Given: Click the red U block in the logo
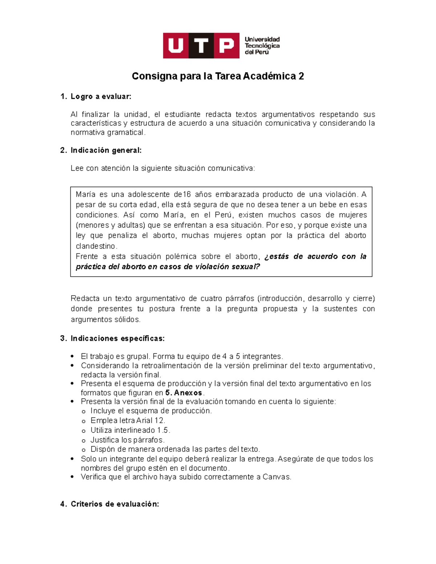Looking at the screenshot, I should [x=176, y=46].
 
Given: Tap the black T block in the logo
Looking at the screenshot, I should [x=201, y=46].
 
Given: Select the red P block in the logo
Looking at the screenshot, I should [x=226, y=46].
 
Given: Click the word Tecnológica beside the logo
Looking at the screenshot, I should [x=262, y=46].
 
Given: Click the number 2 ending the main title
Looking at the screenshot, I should [x=301, y=76].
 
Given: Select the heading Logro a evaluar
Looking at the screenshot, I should [x=101, y=97].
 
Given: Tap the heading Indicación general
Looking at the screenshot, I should [x=106, y=150].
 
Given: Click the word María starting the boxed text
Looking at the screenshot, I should [x=85, y=194].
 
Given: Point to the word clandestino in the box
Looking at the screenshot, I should [x=96, y=246].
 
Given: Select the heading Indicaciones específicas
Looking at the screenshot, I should [x=117, y=338].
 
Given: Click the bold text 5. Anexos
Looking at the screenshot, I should [x=184, y=393].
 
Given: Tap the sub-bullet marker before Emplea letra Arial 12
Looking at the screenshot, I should [x=84, y=421].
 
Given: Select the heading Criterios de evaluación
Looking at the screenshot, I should [x=114, y=504].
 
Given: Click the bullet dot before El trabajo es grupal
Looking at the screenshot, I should [x=73, y=356].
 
